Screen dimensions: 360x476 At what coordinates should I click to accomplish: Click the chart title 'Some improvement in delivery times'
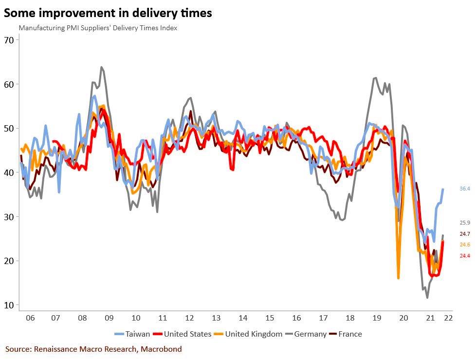(108, 13)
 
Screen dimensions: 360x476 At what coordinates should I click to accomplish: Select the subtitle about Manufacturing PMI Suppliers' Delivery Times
(98, 28)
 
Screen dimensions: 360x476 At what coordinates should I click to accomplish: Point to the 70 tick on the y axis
(8, 39)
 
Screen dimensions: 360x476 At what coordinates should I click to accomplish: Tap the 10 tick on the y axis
(8, 305)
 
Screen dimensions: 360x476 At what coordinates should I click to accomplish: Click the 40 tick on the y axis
(8, 172)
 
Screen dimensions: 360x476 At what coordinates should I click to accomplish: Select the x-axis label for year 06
(30, 318)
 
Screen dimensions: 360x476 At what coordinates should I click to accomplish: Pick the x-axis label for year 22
(448, 318)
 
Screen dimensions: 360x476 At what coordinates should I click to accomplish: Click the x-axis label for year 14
(243, 318)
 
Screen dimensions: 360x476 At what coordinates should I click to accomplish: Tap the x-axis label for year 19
(377, 318)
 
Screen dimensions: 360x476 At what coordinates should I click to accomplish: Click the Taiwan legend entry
(132, 334)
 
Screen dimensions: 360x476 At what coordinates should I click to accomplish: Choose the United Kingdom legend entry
(250, 334)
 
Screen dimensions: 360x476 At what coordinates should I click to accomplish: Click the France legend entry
(346, 334)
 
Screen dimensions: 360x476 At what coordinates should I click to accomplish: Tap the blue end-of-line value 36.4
(464, 189)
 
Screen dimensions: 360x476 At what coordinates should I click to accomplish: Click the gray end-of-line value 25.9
(464, 223)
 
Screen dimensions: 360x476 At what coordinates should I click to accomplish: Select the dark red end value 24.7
(464, 234)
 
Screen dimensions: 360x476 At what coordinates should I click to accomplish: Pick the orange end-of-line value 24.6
(464, 245)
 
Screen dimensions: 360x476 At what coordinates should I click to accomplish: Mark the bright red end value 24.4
(464, 256)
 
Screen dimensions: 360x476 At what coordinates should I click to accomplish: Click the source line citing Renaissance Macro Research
(93, 349)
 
